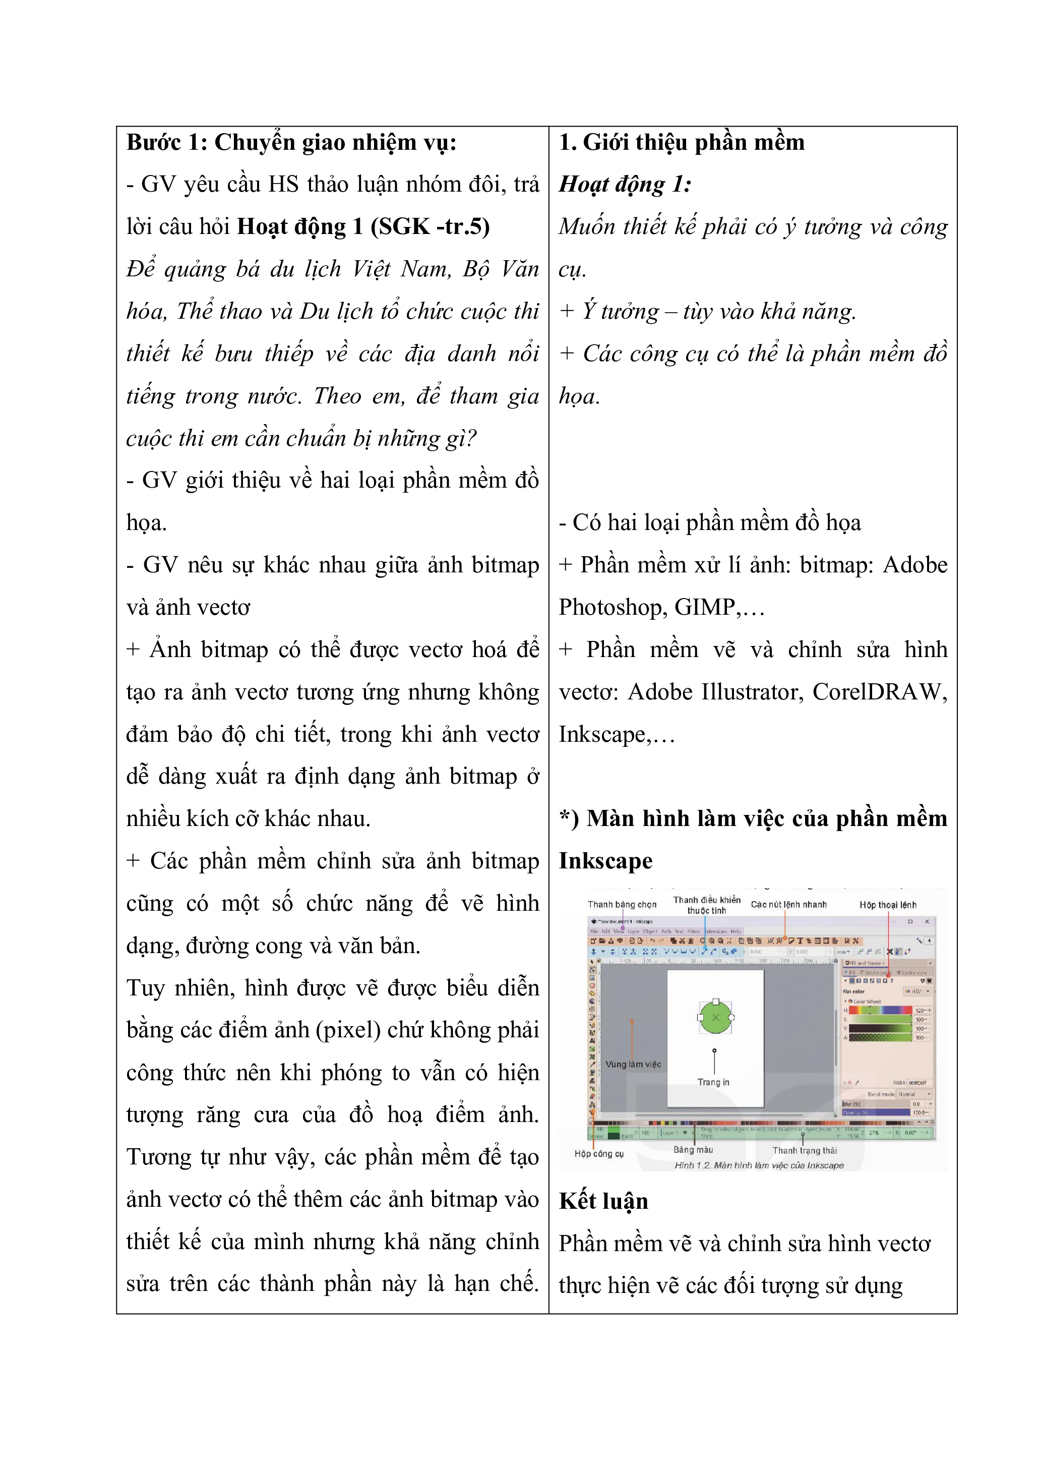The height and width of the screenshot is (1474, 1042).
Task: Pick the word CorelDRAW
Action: [x=879, y=692]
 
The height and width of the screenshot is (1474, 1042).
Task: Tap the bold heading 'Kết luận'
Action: [x=603, y=1201]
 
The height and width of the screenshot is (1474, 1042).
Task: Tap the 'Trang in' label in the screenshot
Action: [x=713, y=1082]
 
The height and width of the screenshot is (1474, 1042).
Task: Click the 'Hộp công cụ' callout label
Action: [x=599, y=1154]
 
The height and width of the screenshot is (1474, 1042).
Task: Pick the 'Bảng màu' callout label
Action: [x=693, y=1150]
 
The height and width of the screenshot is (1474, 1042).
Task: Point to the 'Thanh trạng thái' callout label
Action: [x=804, y=1150]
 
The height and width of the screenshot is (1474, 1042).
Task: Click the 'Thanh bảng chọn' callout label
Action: [x=622, y=905]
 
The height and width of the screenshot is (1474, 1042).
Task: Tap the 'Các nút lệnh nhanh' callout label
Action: [x=788, y=905]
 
